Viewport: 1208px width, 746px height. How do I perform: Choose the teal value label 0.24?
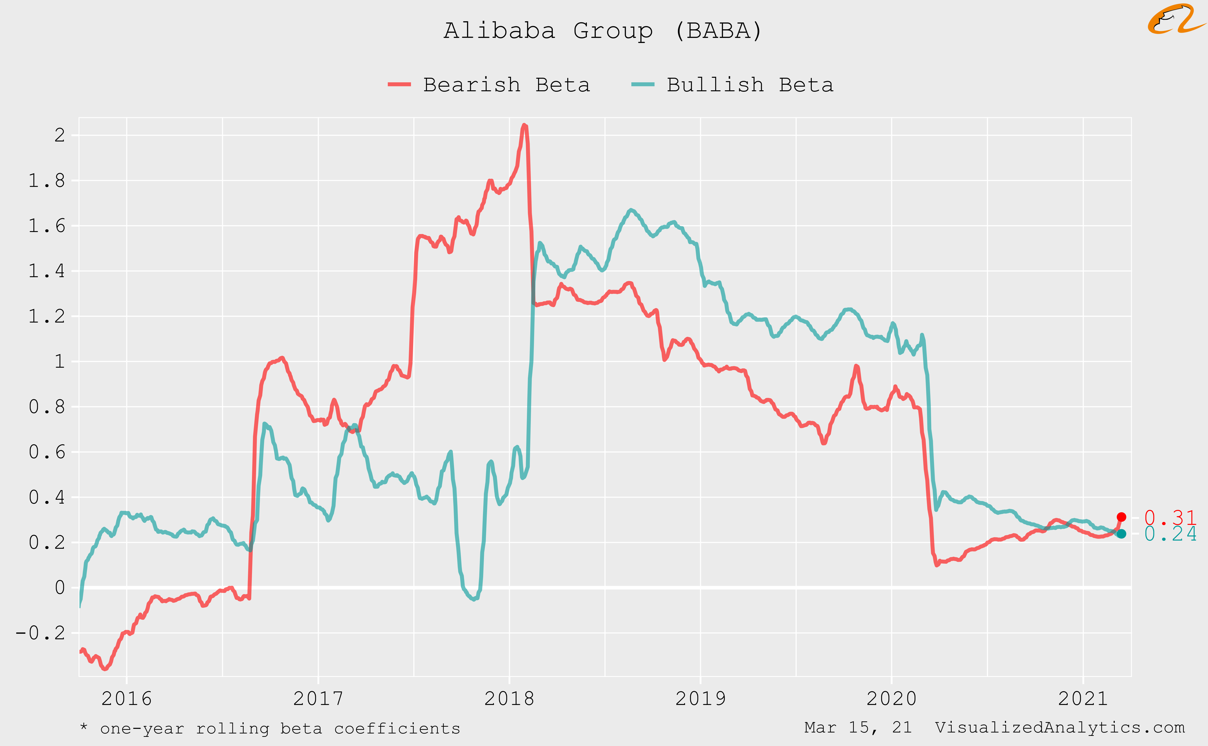(x=1170, y=534)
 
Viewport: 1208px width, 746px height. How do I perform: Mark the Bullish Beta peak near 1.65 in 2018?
(x=631, y=210)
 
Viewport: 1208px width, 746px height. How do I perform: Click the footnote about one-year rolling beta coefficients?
(x=270, y=728)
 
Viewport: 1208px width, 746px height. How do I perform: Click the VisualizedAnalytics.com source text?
(x=1059, y=727)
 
